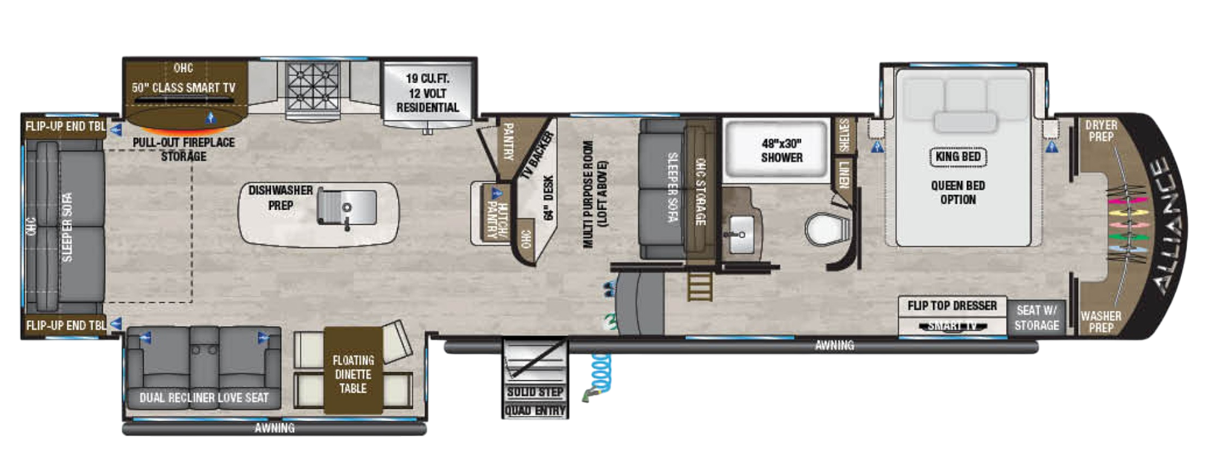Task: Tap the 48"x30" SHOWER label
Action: pyautogui.click(x=781, y=150)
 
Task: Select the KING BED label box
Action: pyautogui.click(x=958, y=157)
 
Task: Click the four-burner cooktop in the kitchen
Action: pyautogui.click(x=313, y=86)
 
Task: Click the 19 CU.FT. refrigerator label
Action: pyautogui.click(x=427, y=92)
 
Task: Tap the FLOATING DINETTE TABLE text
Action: pyautogui.click(x=353, y=374)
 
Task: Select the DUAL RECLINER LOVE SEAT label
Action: pyautogui.click(x=204, y=398)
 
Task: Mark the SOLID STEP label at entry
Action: pyautogui.click(x=535, y=392)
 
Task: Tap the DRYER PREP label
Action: pyautogui.click(x=1101, y=131)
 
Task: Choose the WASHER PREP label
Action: pyautogui.click(x=1100, y=322)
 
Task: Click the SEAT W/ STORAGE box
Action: pyautogui.click(x=1036, y=318)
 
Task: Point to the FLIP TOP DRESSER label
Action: pyautogui.click(x=951, y=306)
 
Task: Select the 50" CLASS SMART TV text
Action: pyautogui.click(x=184, y=88)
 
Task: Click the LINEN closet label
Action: pyautogui.click(x=844, y=174)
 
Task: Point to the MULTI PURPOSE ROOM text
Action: pyautogui.click(x=588, y=193)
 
